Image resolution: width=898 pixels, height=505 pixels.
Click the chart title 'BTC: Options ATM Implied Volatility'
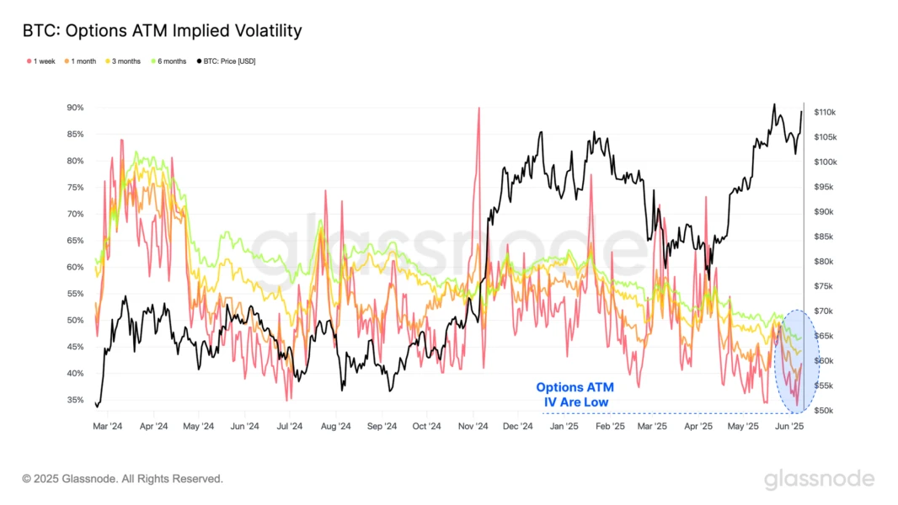tap(162, 31)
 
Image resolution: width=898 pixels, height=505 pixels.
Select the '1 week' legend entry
tap(41, 61)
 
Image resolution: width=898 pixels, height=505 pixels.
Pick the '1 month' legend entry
tap(83, 61)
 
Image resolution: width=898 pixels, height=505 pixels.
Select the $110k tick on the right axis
tap(824, 113)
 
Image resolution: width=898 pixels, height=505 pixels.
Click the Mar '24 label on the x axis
tap(107, 427)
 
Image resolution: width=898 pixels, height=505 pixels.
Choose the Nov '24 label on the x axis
tap(473, 427)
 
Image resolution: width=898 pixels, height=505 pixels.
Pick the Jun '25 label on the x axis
tap(788, 427)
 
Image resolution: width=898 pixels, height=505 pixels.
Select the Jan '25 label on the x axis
tap(564, 427)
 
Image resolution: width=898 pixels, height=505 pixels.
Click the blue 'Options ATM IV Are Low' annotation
tap(575, 395)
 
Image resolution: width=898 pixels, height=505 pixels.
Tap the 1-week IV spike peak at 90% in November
tap(478, 109)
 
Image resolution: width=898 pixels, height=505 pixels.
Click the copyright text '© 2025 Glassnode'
tap(123, 479)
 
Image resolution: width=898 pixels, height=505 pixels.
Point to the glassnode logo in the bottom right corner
tap(819, 480)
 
